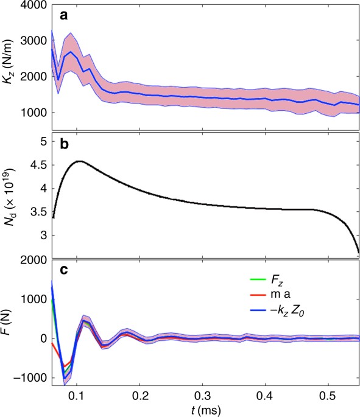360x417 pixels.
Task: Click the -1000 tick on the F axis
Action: coord(24,378)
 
